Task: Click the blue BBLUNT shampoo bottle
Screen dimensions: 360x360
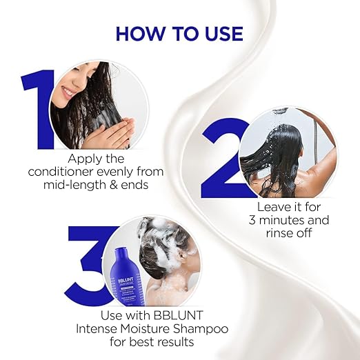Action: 125,277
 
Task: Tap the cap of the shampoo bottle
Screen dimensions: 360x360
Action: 121,251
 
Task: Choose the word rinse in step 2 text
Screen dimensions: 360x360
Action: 278,233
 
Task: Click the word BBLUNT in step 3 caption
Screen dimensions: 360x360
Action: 177,315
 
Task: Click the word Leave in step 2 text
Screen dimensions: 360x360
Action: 270,207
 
